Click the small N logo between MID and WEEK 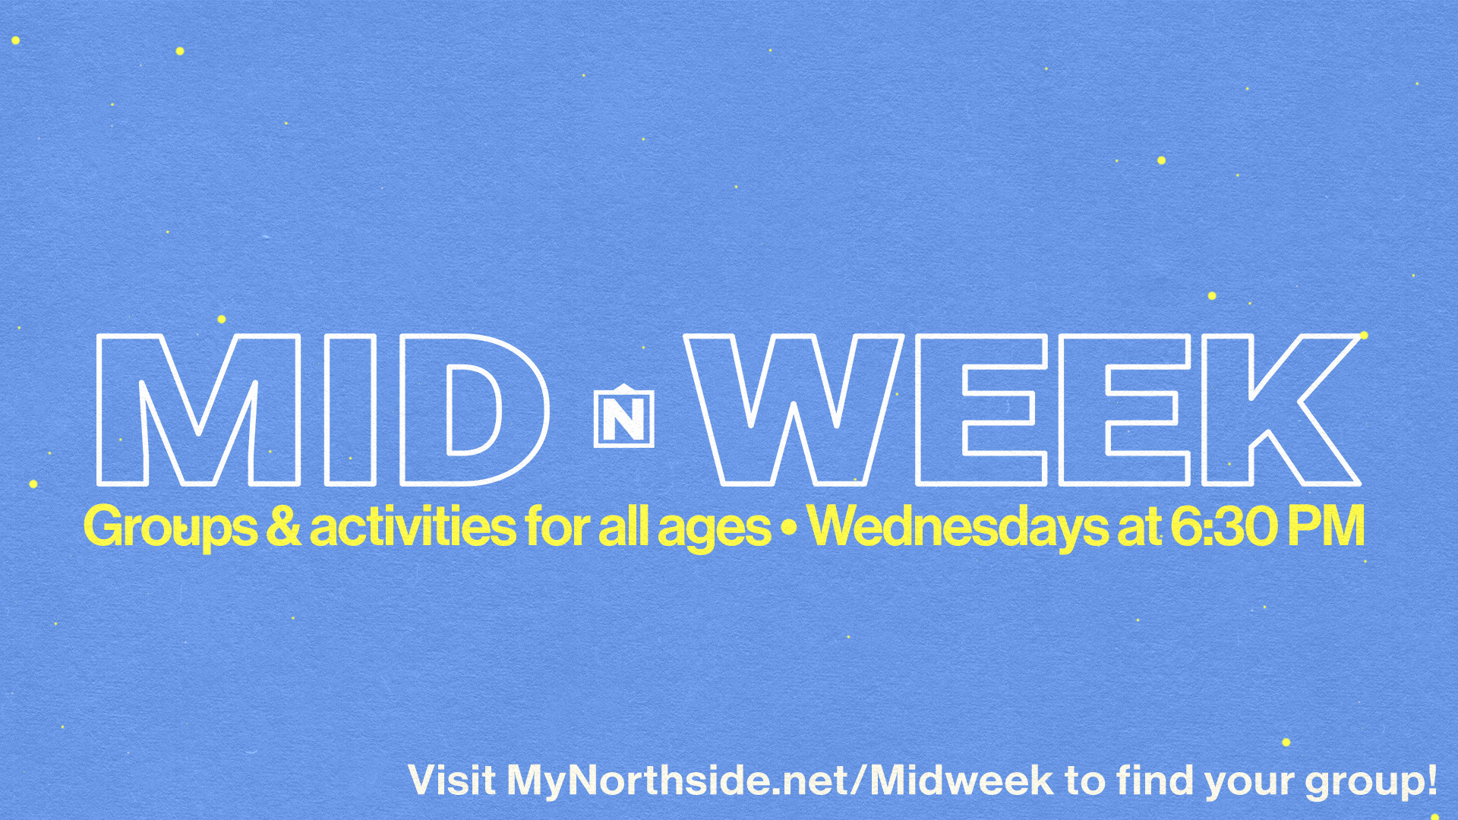click(623, 415)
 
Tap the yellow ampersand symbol click(283, 525)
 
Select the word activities click(413, 525)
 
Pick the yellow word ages click(715, 529)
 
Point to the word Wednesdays click(958, 527)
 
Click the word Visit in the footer click(452, 781)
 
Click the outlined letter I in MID click(350, 410)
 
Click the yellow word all click(624, 525)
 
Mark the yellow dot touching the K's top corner click(1364, 335)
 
